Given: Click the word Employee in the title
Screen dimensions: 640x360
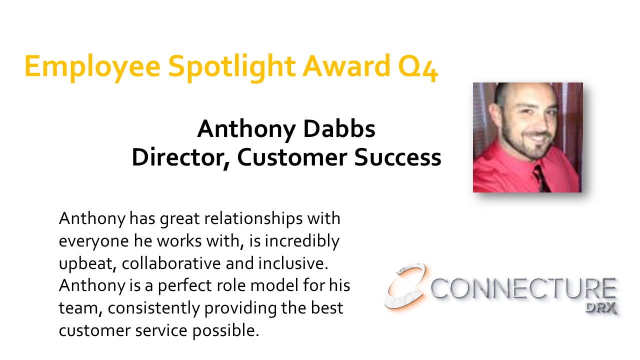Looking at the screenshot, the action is point(92,68).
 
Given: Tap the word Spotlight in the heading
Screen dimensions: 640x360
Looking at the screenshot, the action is point(232,68).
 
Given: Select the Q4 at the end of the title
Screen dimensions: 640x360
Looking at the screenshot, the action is point(418,67).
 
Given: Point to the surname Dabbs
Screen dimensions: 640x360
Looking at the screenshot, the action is point(339,129).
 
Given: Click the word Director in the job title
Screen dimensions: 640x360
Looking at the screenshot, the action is point(180,157).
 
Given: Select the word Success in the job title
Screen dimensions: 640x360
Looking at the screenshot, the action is point(397,157).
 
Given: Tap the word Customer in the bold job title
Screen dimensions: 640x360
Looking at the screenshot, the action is point(292,157).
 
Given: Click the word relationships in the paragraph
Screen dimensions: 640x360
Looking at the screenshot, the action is point(253,219).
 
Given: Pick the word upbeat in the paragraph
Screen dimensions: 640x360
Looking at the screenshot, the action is point(87,264).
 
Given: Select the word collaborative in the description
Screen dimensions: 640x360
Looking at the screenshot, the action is point(171,263).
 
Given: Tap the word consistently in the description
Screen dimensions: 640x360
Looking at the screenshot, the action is point(153,308).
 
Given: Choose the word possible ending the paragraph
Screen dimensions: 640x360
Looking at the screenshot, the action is point(225,331).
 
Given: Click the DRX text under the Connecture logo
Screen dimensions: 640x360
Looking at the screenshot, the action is point(600,308).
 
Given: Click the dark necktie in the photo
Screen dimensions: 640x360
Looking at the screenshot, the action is point(541,178).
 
